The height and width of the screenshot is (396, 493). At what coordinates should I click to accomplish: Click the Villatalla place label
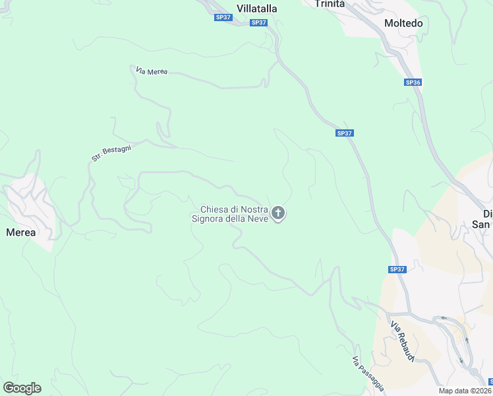coord(257,9)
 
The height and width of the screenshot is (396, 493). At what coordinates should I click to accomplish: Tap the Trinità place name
coord(330,4)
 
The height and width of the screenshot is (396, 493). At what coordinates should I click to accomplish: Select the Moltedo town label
coord(403,23)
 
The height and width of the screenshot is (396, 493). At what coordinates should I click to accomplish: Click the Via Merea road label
coord(152,71)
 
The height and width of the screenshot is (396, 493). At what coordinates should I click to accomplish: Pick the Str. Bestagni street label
coord(111,153)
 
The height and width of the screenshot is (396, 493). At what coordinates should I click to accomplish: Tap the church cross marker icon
coord(278,213)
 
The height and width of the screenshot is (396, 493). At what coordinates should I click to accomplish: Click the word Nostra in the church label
coord(254,209)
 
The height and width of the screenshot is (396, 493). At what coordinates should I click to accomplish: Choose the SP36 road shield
coord(413,82)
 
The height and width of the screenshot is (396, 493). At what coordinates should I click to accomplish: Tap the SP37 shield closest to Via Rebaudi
coord(396,269)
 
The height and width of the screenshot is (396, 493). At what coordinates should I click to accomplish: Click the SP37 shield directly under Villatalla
coord(259,22)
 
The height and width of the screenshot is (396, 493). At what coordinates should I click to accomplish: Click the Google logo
coord(22,387)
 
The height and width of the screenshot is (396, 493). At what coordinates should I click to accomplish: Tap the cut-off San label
coord(484,224)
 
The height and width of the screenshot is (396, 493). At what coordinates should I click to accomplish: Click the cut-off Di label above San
coord(487,214)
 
